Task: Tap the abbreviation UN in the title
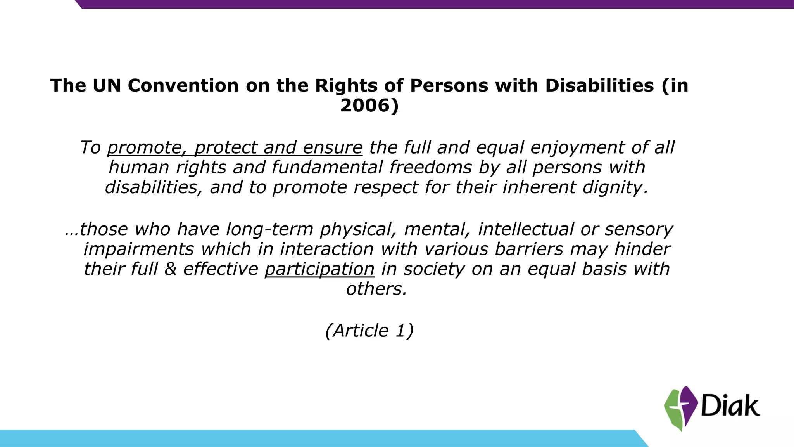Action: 107,85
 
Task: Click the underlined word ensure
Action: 332,148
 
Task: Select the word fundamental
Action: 327,168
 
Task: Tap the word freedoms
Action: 430,168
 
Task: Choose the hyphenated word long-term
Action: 269,229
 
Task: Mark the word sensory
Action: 639,230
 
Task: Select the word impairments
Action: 138,249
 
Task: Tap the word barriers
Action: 529,249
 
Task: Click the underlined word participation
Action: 319,269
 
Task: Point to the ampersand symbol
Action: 170,269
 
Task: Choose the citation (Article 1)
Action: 369,331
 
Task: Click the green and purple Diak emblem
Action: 680,409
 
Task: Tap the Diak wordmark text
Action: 730,406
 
